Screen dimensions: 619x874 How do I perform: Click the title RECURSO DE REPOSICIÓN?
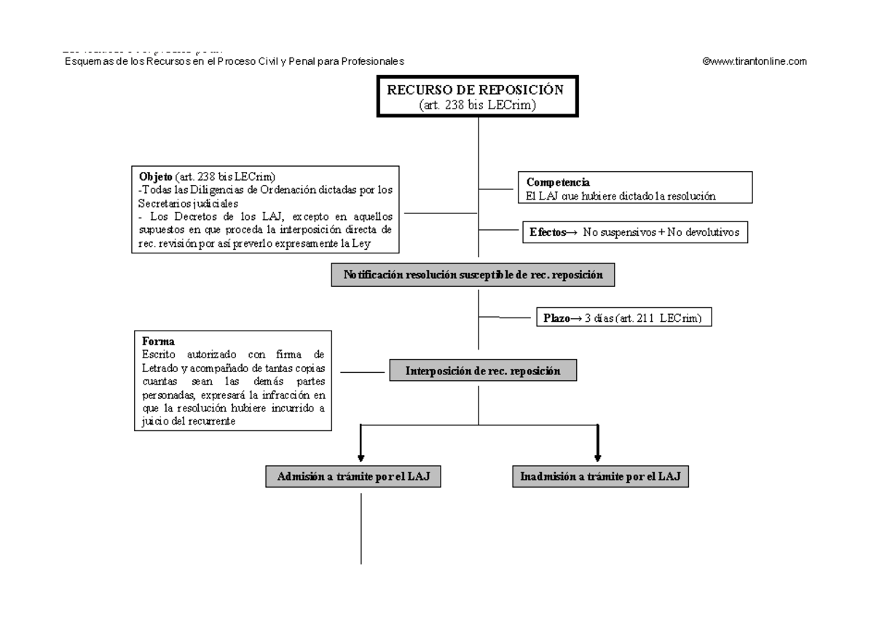click(476, 90)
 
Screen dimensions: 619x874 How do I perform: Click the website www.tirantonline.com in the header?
click(754, 62)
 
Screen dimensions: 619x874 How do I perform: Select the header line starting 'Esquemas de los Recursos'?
click(233, 62)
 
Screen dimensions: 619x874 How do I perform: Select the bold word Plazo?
click(558, 318)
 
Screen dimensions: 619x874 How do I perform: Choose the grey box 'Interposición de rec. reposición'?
click(483, 371)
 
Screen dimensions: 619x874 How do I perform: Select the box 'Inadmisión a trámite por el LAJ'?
click(599, 477)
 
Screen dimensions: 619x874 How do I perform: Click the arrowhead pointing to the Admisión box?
click(360, 457)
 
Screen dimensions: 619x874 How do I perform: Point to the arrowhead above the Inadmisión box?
click(597, 457)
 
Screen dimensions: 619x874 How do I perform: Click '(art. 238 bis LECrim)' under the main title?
click(477, 106)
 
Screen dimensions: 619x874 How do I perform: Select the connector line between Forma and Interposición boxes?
click(363, 371)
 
